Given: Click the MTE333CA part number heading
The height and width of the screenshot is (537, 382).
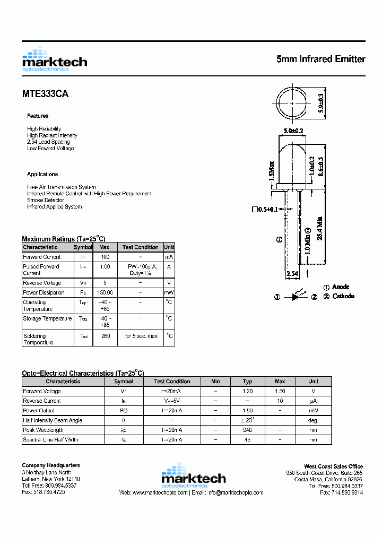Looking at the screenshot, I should coord(45,94).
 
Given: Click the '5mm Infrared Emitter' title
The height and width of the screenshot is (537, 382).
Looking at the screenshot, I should coord(320,59).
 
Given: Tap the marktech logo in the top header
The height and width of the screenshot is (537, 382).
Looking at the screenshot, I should coord(54,59).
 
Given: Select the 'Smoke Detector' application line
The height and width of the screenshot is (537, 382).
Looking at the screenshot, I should coord(46,200).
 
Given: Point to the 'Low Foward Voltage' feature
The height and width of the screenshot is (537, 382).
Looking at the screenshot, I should coord(50,149).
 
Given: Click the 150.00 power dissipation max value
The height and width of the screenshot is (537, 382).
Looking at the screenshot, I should coord(105,292).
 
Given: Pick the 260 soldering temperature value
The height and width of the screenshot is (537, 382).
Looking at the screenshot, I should coord(105,336).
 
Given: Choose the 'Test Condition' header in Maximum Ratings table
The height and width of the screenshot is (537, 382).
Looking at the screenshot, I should coord(140,247).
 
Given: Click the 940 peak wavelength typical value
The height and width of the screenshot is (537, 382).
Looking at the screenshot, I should coord(247,430).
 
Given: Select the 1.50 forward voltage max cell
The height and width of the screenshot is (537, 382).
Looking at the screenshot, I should coord(280,391).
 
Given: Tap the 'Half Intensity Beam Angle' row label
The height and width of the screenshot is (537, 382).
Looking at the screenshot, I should coord(53,420).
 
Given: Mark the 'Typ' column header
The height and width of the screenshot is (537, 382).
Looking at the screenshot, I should coord(247,382).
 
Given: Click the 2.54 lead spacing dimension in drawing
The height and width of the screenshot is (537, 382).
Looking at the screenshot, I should coord(292,274).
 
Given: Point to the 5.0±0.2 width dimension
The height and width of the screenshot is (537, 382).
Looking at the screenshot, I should coord(293,131).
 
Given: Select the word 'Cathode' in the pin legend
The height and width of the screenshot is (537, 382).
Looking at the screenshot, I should coord(343,296).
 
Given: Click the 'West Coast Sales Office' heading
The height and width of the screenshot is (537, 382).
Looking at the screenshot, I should coord(333,466).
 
